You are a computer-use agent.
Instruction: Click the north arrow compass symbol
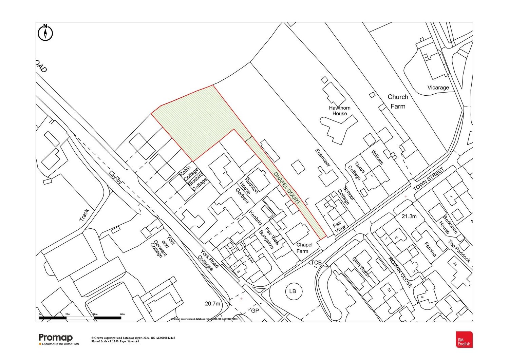click(45, 33)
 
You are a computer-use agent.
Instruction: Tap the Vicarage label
click(438, 88)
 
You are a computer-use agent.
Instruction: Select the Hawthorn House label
click(340, 111)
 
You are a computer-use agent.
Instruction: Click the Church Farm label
click(398, 101)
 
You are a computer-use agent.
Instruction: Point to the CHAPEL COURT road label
click(287, 188)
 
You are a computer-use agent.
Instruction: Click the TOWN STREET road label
click(429, 179)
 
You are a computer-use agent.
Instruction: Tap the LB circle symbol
click(293, 291)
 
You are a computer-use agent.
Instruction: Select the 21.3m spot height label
click(409, 216)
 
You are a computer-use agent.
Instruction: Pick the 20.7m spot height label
click(212, 304)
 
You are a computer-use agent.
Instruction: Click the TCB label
click(316, 263)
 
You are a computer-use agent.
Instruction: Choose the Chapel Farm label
click(303, 248)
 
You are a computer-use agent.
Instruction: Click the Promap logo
click(56, 338)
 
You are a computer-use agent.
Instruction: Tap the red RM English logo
click(464, 340)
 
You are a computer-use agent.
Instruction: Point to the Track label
click(84, 215)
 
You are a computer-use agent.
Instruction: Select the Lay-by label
click(115, 177)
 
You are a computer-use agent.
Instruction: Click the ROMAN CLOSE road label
click(401, 272)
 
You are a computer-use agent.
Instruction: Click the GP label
click(255, 311)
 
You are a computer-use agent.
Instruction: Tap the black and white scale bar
click(80, 318)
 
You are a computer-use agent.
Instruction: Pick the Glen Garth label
click(361, 267)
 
